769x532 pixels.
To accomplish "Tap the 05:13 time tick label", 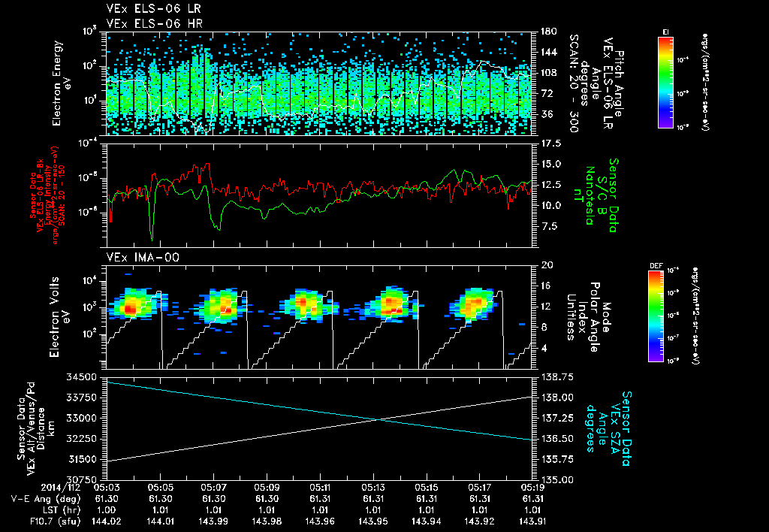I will pos(373,487).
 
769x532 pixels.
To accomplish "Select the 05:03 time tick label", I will pos(109,487).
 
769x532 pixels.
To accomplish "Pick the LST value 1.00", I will pos(109,509).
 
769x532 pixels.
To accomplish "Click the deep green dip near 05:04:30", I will pos(152,239).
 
